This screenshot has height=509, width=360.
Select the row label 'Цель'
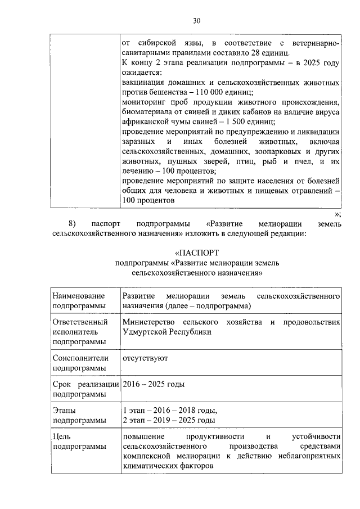tap(61, 436)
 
